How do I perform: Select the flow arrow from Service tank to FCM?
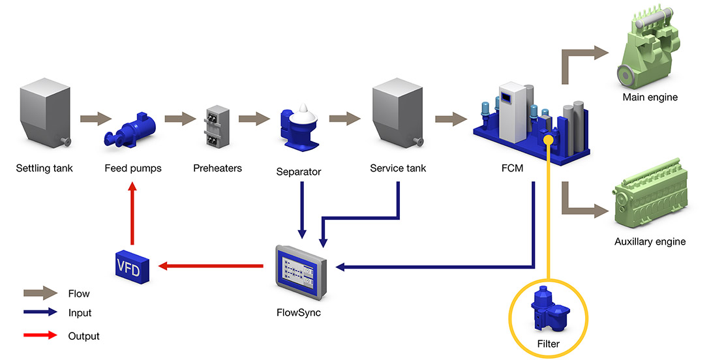[x=451, y=119]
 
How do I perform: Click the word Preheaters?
[x=217, y=168]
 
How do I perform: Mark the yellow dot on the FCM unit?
[x=549, y=139]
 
